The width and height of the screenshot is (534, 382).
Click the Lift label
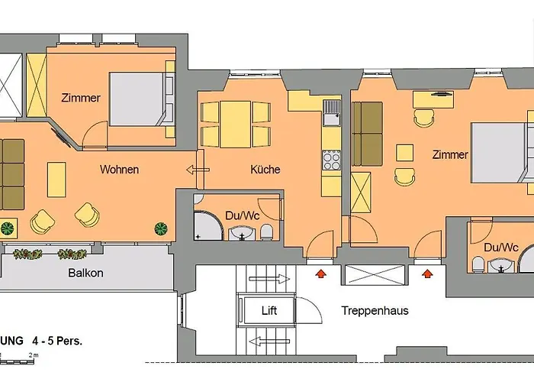click(x=269, y=310)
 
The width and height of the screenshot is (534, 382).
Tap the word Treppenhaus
click(x=375, y=311)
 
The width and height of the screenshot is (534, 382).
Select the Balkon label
click(x=85, y=273)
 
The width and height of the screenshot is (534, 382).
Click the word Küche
click(x=265, y=170)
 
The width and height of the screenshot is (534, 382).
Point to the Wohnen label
click(x=119, y=170)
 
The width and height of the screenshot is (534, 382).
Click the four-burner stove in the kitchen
click(x=331, y=160)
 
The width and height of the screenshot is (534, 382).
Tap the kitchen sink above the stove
click(x=332, y=113)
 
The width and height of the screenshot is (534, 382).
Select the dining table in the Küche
click(x=235, y=124)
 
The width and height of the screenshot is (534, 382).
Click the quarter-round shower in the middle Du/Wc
click(x=207, y=226)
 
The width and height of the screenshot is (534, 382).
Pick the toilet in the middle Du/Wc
click(x=266, y=231)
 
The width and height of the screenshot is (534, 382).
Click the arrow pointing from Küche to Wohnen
click(x=198, y=170)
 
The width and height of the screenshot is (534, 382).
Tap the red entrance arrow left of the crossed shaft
click(x=320, y=274)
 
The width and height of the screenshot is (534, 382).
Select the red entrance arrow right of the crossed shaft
click(x=427, y=274)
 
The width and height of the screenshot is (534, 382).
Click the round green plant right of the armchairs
click(x=161, y=228)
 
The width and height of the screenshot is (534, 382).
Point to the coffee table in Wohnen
click(x=56, y=180)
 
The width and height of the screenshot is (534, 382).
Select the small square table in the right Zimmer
click(x=404, y=153)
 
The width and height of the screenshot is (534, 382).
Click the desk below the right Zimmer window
click(x=433, y=99)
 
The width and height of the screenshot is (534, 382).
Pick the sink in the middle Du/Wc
click(x=242, y=233)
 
